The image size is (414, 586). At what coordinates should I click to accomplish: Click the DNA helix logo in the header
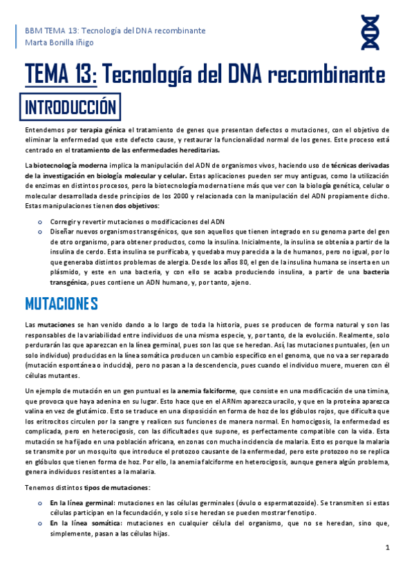(370, 35)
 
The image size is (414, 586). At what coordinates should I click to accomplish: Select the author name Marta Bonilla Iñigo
(60, 44)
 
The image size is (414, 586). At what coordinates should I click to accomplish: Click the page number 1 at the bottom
(388, 547)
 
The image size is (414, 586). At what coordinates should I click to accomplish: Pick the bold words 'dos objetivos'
(136, 206)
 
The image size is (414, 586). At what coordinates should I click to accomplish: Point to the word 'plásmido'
(68, 272)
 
